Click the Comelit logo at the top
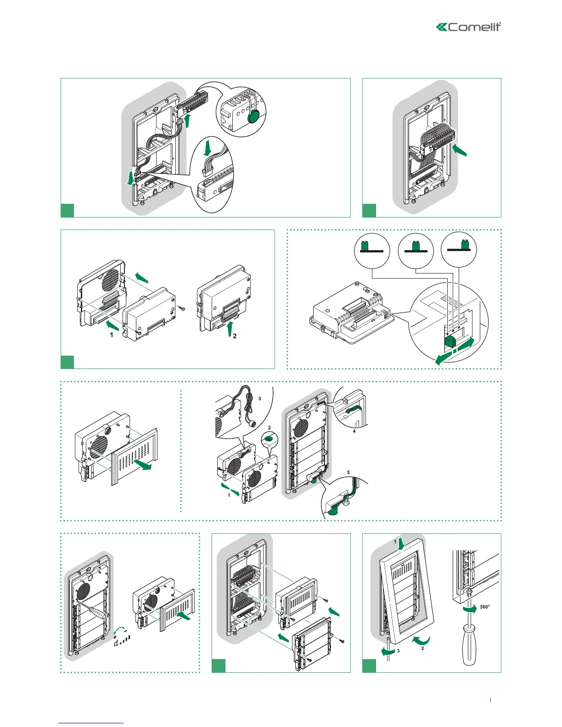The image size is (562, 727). tap(468, 27)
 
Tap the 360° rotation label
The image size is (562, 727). tap(485, 607)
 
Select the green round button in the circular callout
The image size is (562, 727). tap(253, 117)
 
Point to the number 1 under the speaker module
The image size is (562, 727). tap(112, 335)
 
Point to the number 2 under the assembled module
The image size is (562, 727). tap(235, 336)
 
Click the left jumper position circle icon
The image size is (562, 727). tap(372, 250)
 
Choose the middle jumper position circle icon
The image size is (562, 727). tap(415, 250)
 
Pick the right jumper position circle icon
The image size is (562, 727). tap(459, 250)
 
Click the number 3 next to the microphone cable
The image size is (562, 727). tap(259, 399)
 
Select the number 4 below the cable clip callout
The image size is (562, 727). tap(354, 431)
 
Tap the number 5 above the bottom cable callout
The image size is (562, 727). tap(348, 472)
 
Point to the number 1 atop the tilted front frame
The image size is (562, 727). tap(394, 542)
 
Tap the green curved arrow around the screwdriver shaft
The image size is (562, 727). tap(469, 608)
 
